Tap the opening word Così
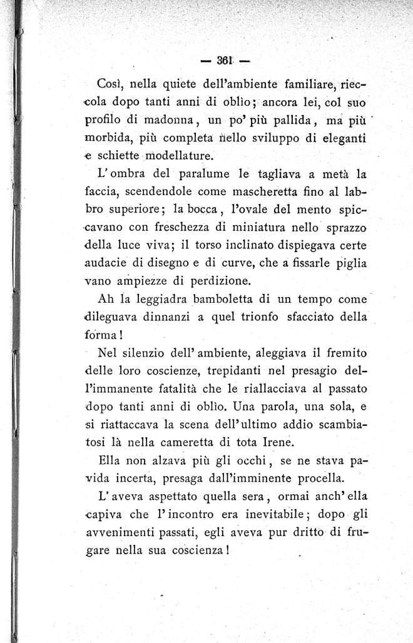[x=114, y=85]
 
